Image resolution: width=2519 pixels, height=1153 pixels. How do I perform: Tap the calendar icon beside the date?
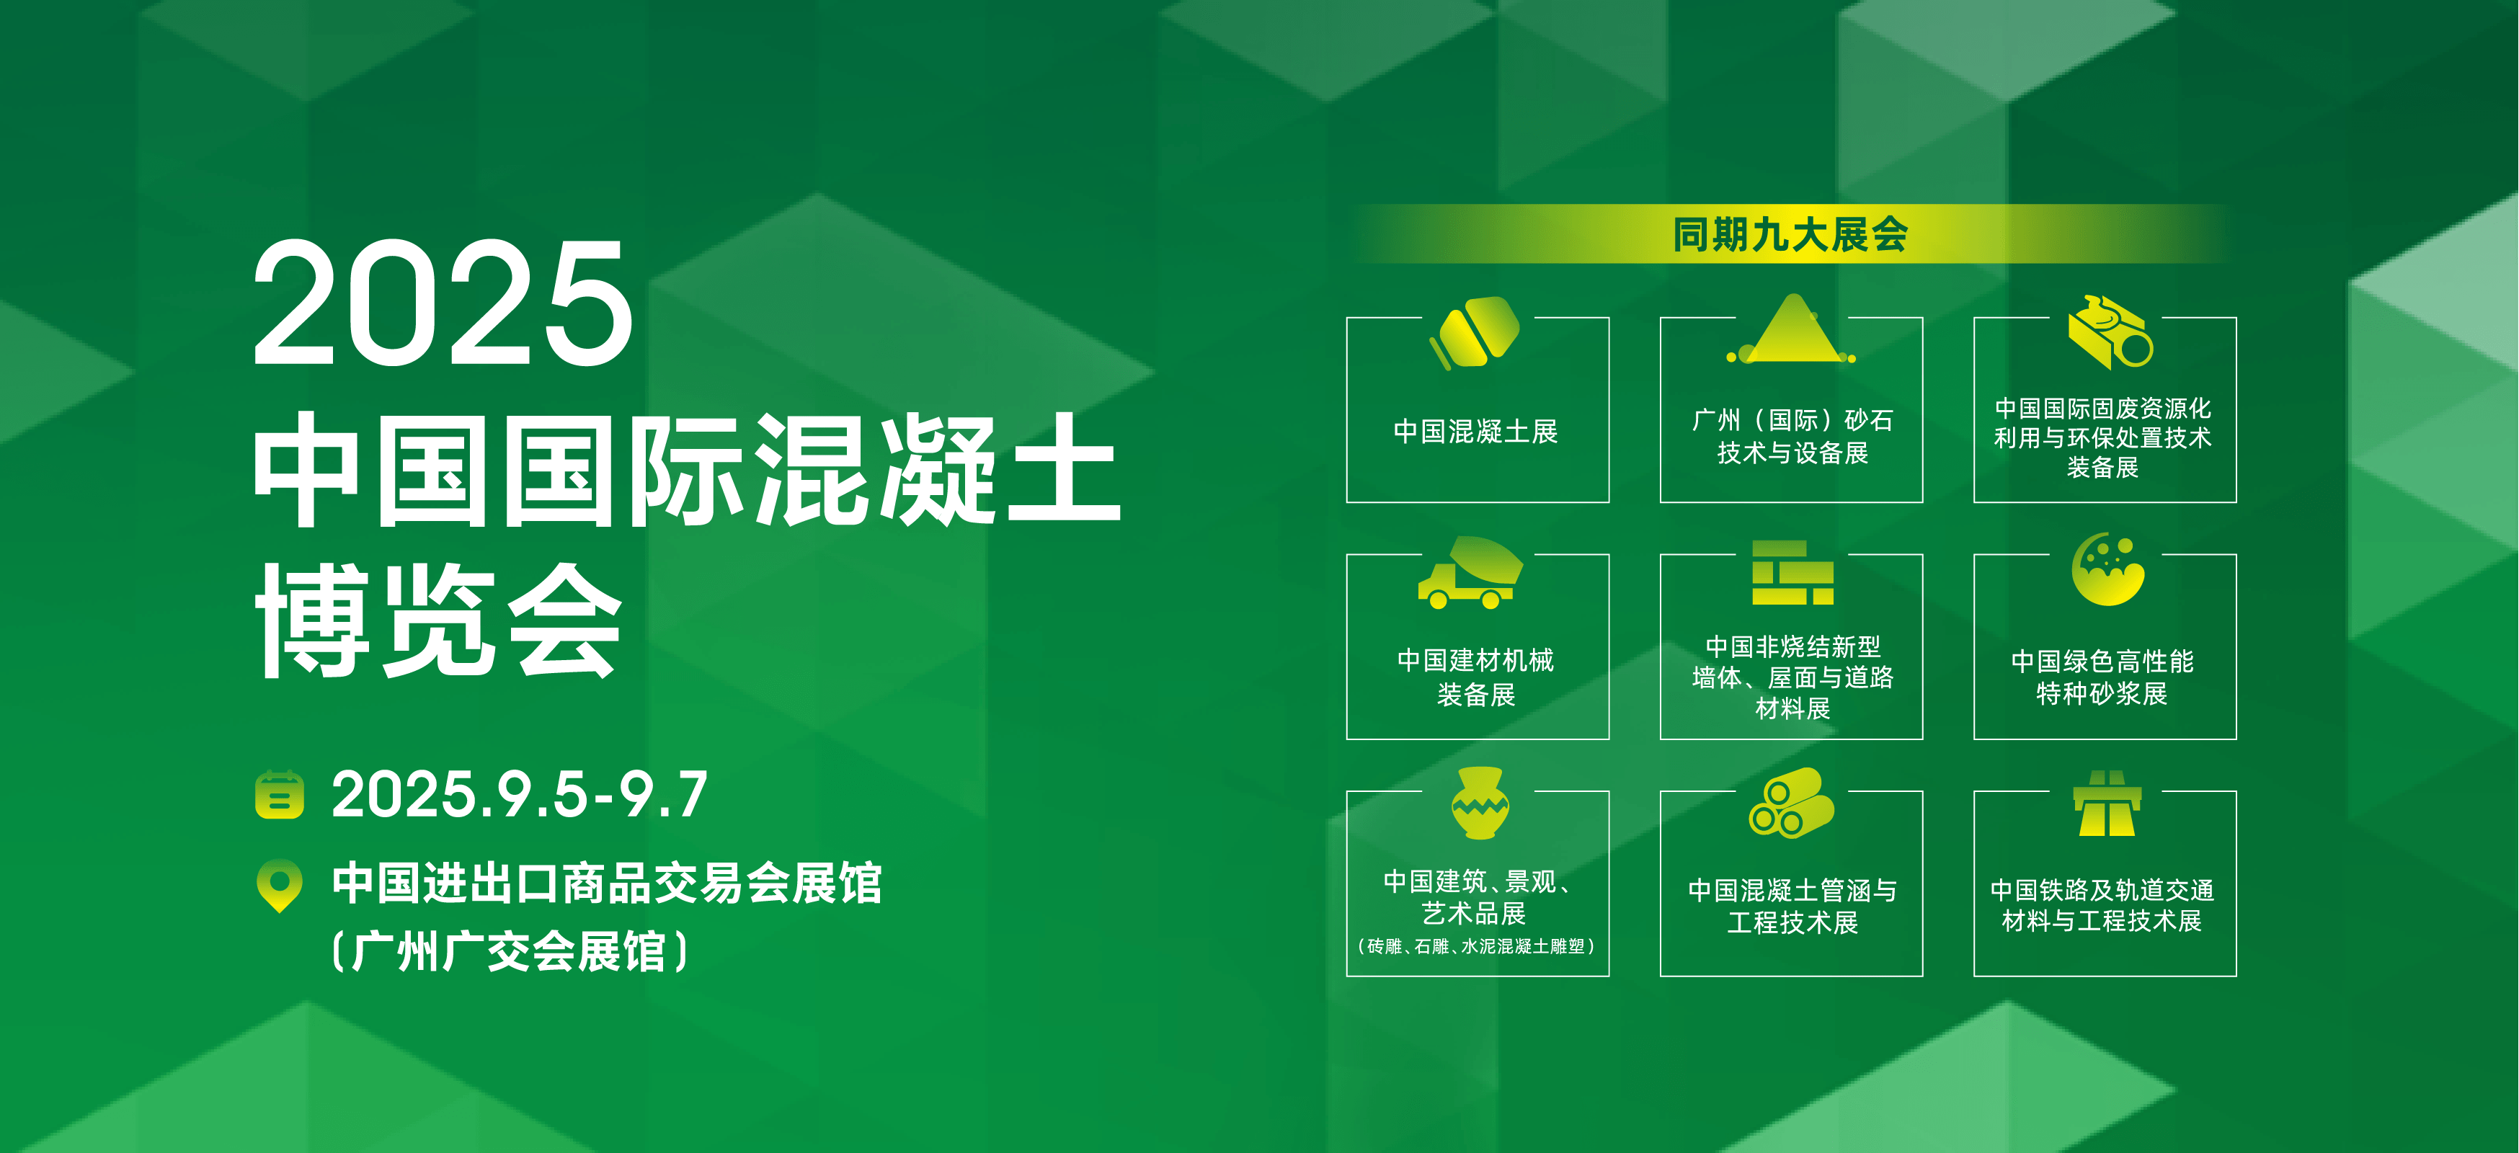(280, 794)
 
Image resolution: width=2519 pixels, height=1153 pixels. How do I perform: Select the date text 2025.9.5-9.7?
(519, 794)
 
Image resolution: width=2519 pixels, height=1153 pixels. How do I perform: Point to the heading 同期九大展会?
(1790, 235)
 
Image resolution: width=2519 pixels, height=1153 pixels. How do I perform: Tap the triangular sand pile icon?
(1792, 329)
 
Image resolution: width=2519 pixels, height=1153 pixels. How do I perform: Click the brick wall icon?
(1792, 572)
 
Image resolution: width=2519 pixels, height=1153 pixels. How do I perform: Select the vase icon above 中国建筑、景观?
(1480, 802)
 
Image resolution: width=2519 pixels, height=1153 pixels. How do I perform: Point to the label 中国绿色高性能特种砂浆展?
(2102, 677)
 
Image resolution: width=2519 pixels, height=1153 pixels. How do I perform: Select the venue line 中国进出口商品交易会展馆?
(608, 884)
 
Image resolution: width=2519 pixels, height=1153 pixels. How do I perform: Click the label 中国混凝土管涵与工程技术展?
(1792, 906)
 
